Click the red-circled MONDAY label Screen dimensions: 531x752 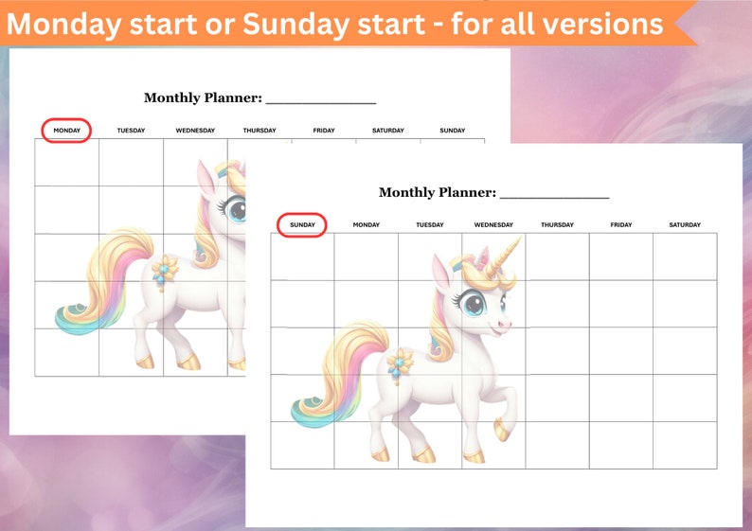tap(66, 131)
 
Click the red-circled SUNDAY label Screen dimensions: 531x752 tap(302, 225)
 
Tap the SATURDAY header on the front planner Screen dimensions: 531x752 tap(685, 225)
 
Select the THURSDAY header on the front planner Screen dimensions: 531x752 tap(557, 225)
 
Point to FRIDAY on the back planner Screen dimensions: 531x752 tap(324, 131)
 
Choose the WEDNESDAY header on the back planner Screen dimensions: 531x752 tap(195, 131)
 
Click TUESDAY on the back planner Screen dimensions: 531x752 tap(131, 131)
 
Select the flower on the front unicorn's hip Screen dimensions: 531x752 tap(401, 363)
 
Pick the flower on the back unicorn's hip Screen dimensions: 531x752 tap(167, 269)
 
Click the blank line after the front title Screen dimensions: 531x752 tap(554, 196)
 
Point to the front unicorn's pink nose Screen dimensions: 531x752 tap(506, 324)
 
